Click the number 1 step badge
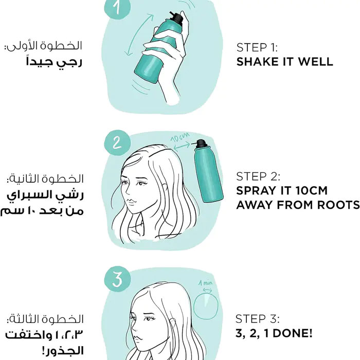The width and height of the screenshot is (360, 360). [x=117, y=7]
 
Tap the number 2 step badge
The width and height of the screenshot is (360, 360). [x=117, y=143]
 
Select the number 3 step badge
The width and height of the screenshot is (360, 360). [x=117, y=279]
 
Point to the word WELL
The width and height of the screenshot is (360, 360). [x=315, y=62]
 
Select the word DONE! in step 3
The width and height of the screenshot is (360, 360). [x=293, y=333]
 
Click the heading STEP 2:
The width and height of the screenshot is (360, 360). [x=258, y=176]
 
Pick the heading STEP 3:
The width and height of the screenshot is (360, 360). [x=257, y=319]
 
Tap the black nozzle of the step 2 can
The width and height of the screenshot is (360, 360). [x=201, y=143]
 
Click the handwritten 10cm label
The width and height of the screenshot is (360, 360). [x=180, y=137]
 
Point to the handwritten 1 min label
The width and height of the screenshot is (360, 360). [x=205, y=283]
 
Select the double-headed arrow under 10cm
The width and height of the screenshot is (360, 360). [x=182, y=146]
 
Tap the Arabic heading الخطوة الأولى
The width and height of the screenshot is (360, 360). [x=44, y=46]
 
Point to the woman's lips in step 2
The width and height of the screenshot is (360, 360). [x=132, y=202]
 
